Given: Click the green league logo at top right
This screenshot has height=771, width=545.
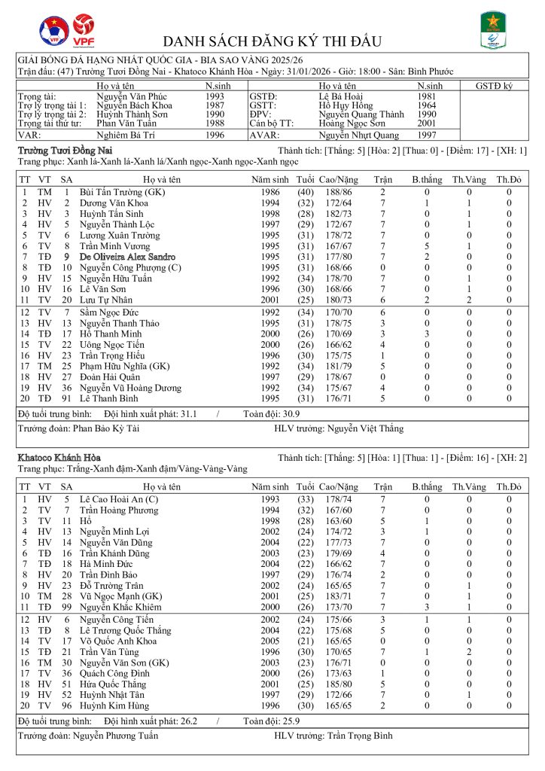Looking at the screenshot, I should (494, 30).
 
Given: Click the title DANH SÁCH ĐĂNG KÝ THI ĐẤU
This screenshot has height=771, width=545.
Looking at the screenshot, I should (272, 41).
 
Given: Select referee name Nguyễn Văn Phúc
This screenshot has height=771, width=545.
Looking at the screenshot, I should (129, 96).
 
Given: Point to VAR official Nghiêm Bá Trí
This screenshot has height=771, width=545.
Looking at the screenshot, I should (129, 136).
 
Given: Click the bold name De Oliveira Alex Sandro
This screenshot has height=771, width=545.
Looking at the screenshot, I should (128, 257).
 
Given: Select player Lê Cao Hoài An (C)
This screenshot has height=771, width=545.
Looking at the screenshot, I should (119, 499).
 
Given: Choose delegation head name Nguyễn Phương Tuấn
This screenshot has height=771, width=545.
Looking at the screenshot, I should (117, 736).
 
